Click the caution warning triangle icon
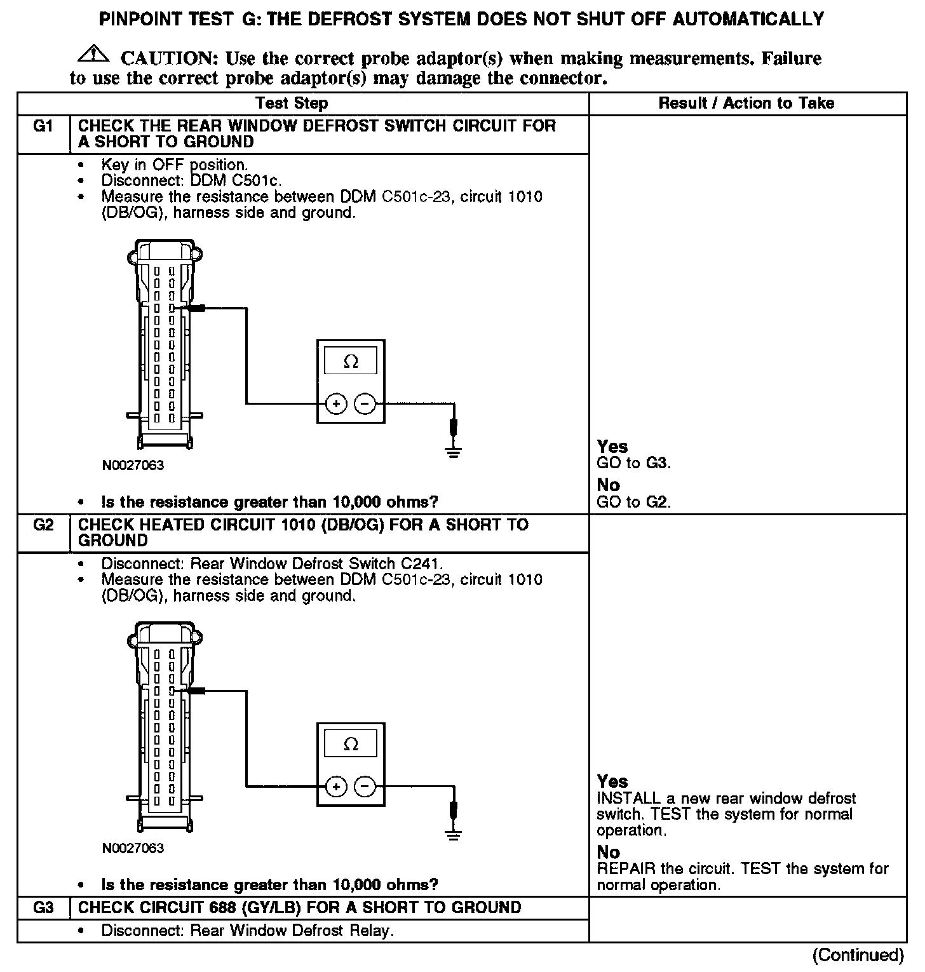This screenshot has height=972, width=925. [93, 54]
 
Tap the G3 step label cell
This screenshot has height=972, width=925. [43, 907]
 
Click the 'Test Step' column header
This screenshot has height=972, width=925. [292, 104]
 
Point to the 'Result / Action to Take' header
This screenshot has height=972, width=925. [746, 104]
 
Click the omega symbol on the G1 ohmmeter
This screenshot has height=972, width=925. [351, 362]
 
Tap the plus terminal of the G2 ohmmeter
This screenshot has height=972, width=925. [336, 788]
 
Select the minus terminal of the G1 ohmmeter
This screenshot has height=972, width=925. [365, 403]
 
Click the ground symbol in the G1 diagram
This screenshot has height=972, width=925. [453, 452]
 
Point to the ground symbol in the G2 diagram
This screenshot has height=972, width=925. [453, 834]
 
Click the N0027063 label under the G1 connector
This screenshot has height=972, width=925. [133, 466]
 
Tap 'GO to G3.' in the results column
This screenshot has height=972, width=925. [633, 463]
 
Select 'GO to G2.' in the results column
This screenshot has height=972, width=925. [633, 502]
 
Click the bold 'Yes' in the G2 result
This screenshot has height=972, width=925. [612, 781]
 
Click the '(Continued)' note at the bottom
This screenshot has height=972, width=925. [858, 955]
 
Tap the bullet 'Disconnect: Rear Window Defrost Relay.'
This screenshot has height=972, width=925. [247, 931]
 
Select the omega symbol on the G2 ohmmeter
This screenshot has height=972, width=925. [351, 745]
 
